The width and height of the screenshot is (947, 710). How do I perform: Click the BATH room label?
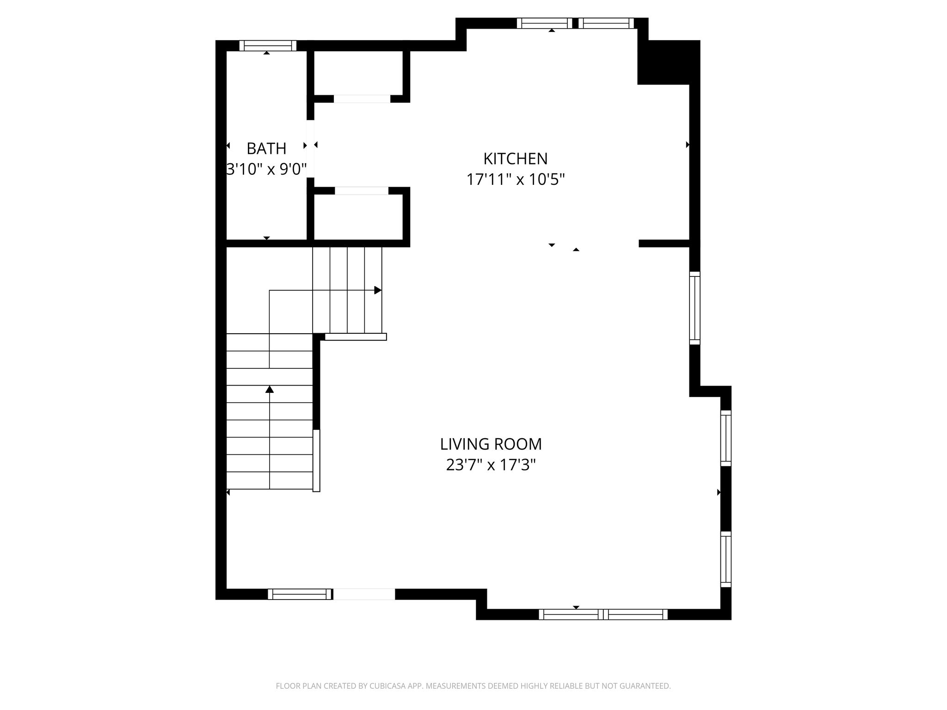pos(266,149)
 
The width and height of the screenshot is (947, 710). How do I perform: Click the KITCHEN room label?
pos(516,159)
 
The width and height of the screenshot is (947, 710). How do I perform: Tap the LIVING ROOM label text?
pos(491,444)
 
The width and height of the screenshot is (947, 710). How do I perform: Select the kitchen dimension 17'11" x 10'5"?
pos(516,179)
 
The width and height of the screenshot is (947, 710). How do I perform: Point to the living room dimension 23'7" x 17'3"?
pos(491,465)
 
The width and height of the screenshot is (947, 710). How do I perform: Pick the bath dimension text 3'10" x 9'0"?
pos(267,169)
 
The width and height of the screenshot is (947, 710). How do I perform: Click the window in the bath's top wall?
pos(268,46)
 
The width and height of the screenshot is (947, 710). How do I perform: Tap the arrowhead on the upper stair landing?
pos(378,290)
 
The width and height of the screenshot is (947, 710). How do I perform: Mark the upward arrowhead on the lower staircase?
pos(270,389)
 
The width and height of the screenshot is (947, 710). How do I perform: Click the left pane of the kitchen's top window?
pos(544,23)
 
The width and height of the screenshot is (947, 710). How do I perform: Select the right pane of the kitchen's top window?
pos(606,23)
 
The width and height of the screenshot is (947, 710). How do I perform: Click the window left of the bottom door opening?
pos(300,594)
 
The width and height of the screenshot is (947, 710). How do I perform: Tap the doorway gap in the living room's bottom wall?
pos(364,594)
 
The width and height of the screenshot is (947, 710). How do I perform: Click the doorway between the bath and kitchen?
pos(311,148)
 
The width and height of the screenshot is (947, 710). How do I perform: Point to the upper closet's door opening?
pos(362,99)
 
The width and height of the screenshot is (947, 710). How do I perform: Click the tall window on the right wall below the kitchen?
pos(695,308)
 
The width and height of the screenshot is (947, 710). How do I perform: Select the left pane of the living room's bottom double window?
pos(571,614)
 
